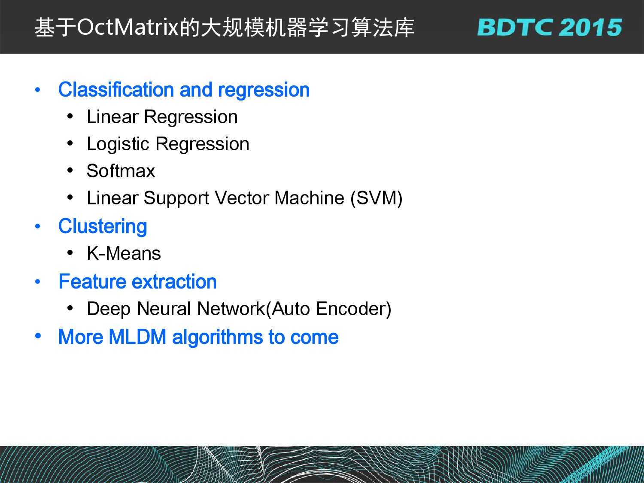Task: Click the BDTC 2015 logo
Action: (550, 27)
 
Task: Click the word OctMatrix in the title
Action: (128, 27)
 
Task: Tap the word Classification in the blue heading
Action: (116, 89)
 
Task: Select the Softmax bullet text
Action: (121, 171)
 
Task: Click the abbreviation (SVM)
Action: (377, 198)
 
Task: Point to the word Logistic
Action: (118, 144)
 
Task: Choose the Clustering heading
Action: (103, 227)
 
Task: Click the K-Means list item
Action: (124, 253)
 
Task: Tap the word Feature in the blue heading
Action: (92, 281)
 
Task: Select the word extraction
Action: (174, 282)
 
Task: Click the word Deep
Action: (109, 309)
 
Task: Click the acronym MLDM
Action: (137, 337)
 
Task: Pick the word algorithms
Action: (218, 337)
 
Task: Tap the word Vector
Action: (242, 198)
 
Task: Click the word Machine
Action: (309, 198)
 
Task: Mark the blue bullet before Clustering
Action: (37, 226)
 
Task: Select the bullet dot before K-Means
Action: (70, 252)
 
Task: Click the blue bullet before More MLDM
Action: (38, 336)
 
